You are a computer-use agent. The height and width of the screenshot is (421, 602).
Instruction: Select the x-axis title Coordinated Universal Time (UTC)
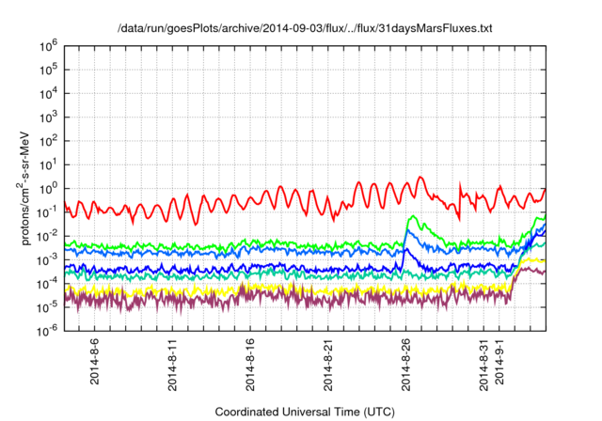pos(305,412)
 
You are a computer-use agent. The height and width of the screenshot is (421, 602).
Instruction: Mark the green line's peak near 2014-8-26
pos(415,217)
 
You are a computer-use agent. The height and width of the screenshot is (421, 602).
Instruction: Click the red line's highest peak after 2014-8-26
pos(420,177)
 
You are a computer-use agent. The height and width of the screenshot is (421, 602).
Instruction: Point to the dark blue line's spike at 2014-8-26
pos(407,248)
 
